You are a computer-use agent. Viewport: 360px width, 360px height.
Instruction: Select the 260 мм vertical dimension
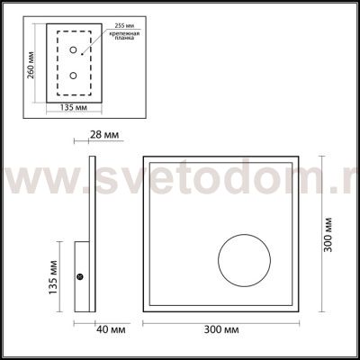point(31,64)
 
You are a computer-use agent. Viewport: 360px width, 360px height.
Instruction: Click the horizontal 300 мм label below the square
point(220,329)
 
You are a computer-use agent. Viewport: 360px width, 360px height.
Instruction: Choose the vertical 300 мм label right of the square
point(327,235)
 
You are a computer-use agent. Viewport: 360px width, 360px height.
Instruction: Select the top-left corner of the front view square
point(143,156)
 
